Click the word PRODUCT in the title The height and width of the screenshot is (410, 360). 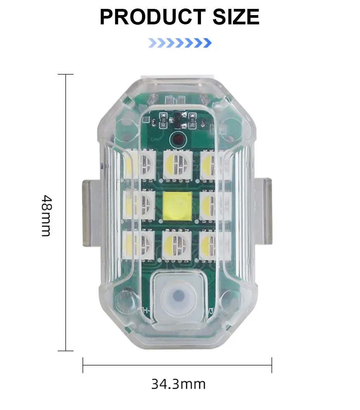tap(153, 17)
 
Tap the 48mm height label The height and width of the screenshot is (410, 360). tap(47, 215)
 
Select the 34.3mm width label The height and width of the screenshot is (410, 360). tap(178, 384)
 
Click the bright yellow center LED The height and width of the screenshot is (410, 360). tap(177, 206)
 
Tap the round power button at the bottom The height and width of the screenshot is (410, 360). tap(179, 297)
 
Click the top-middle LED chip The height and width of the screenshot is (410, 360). tap(178, 164)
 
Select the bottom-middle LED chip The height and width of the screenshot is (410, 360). tap(177, 245)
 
